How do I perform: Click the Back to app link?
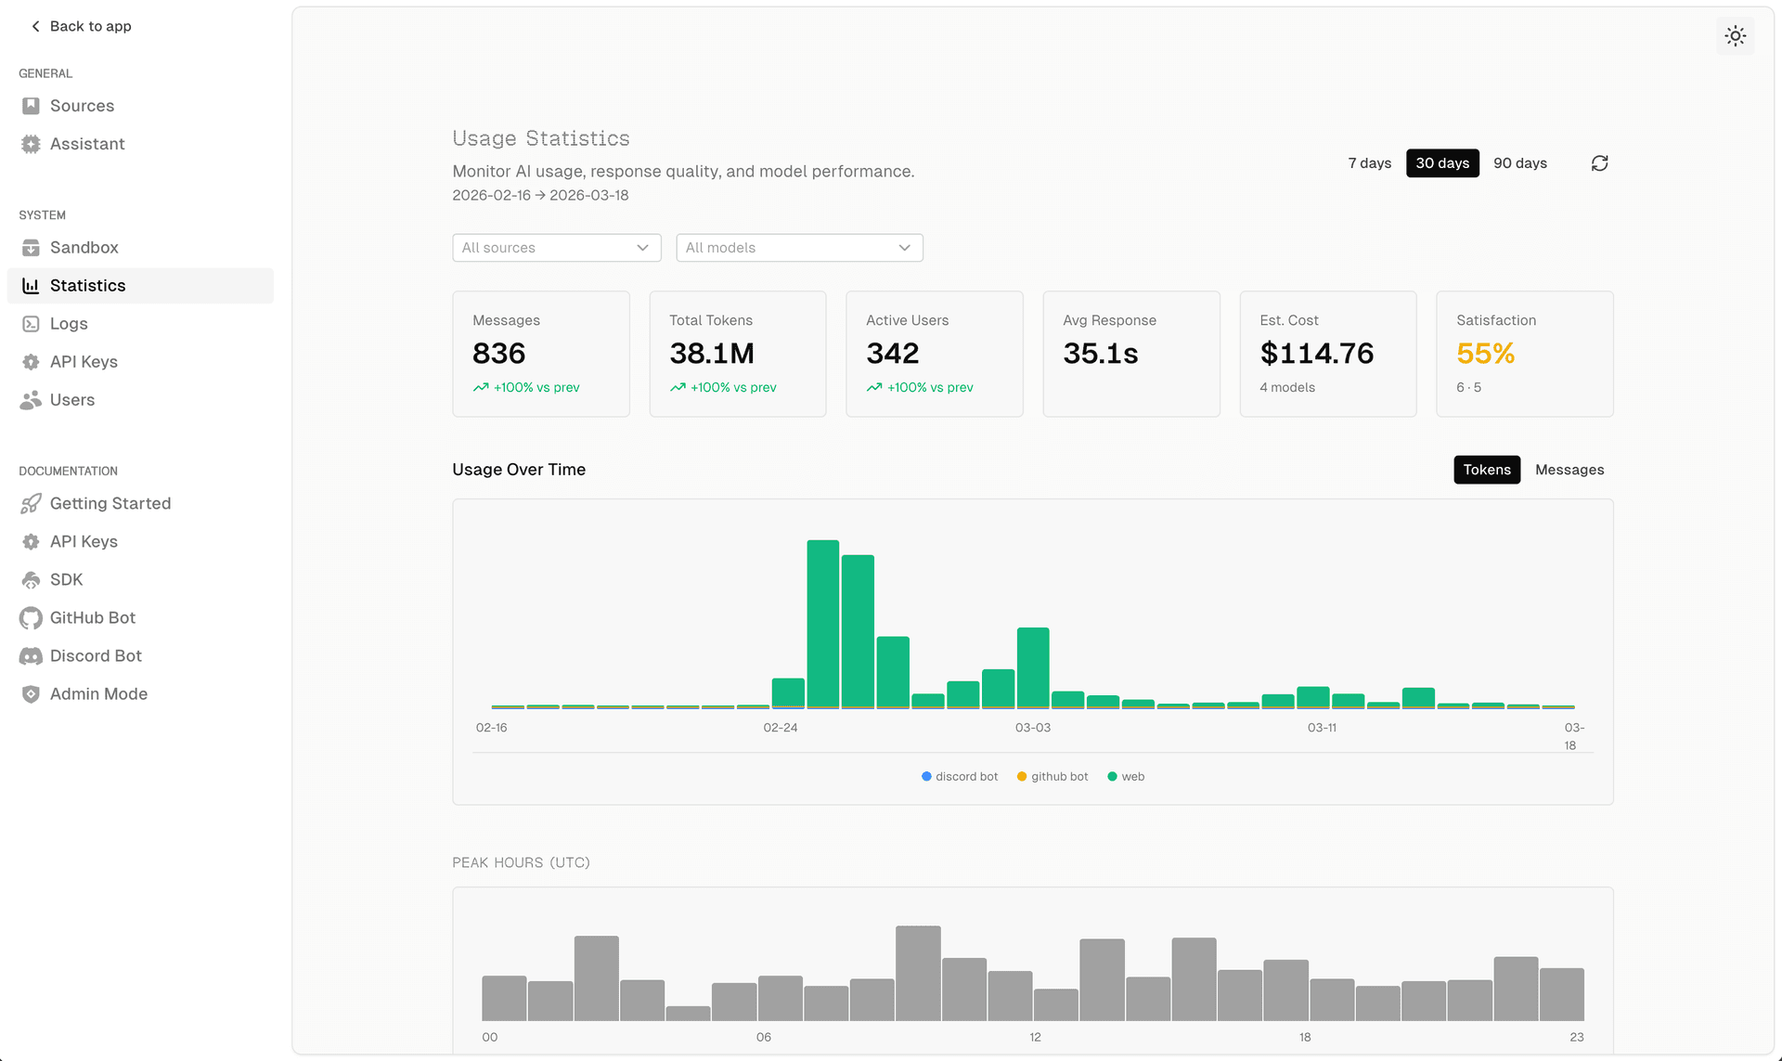tap(81, 26)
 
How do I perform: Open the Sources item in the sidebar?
tap(82, 106)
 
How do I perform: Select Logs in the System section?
tap(69, 324)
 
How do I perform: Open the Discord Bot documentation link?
tap(96, 656)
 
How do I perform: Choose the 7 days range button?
tap(1369, 163)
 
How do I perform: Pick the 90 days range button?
tap(1519, 163)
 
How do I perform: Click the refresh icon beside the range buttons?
tap(1599, 163)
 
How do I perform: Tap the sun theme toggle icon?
tap(1735, 36)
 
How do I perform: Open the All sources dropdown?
tap(556, 248)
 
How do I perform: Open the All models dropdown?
tap(799, 248)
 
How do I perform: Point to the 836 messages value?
tap(499, 354)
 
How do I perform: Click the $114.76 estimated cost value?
tap(1316, 354)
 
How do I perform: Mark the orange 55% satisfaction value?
tap(1485, 354)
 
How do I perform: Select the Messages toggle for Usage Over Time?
tap(1569, 470)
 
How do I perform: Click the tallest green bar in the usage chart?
tap(822, 624)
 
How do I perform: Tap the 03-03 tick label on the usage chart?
tap(1032, 728)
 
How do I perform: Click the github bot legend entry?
tap(1052, 777)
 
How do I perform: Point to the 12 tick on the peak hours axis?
tap(1035, 1037)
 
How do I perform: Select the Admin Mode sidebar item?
tap(98, 694)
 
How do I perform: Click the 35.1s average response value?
tap(1100, 354)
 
